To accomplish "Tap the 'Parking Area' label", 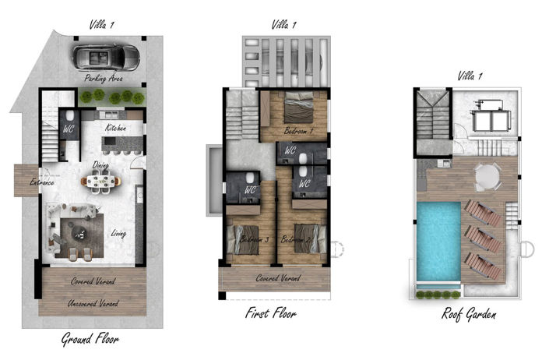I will pos(105,79).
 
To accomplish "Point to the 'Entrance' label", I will pos(41,183).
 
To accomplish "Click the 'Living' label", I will pos(118,232).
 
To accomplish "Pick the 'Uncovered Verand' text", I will pos(93,303).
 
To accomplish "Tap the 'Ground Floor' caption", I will pos(90,340).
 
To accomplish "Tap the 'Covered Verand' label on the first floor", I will pos(278,278).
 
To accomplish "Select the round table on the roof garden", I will pos(488,175).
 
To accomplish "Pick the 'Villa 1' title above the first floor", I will pos(283,25).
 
